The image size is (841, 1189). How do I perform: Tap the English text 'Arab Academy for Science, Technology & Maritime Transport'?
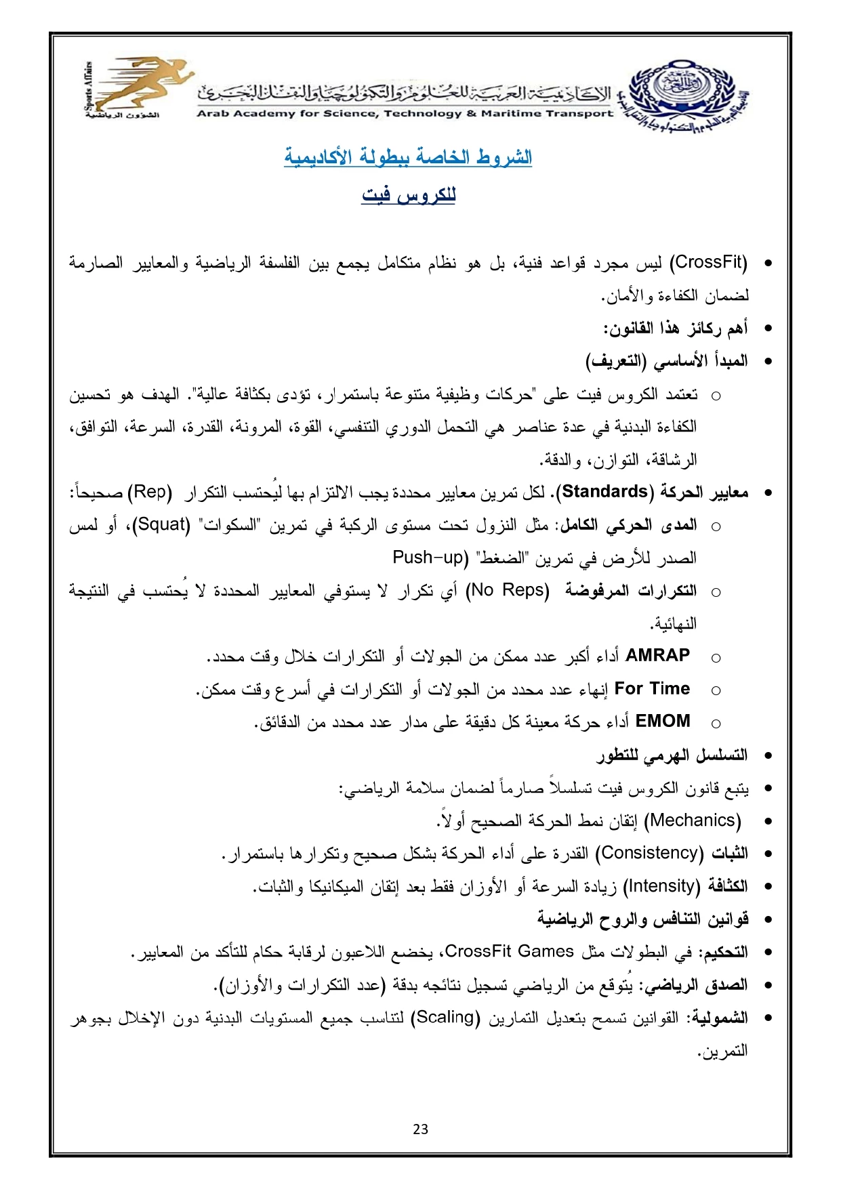[x=405, y=113]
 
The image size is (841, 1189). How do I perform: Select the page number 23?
[x=420, y=1129]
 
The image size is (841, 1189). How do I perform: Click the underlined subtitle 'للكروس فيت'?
[x=409, y=196]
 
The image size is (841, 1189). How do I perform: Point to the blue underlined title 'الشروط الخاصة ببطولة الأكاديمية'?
[x=408, y=157]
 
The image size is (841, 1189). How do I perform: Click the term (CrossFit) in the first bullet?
[x=708, y=262]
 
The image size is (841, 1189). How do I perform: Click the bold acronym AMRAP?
[x=657, y=655]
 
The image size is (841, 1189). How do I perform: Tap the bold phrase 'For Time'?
[x=652, y=688]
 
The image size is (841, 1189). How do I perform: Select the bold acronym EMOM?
[x=663, y=721]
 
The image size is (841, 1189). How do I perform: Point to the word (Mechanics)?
[x=692, y=820]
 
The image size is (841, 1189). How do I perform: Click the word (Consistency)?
[x=650, y=852]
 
